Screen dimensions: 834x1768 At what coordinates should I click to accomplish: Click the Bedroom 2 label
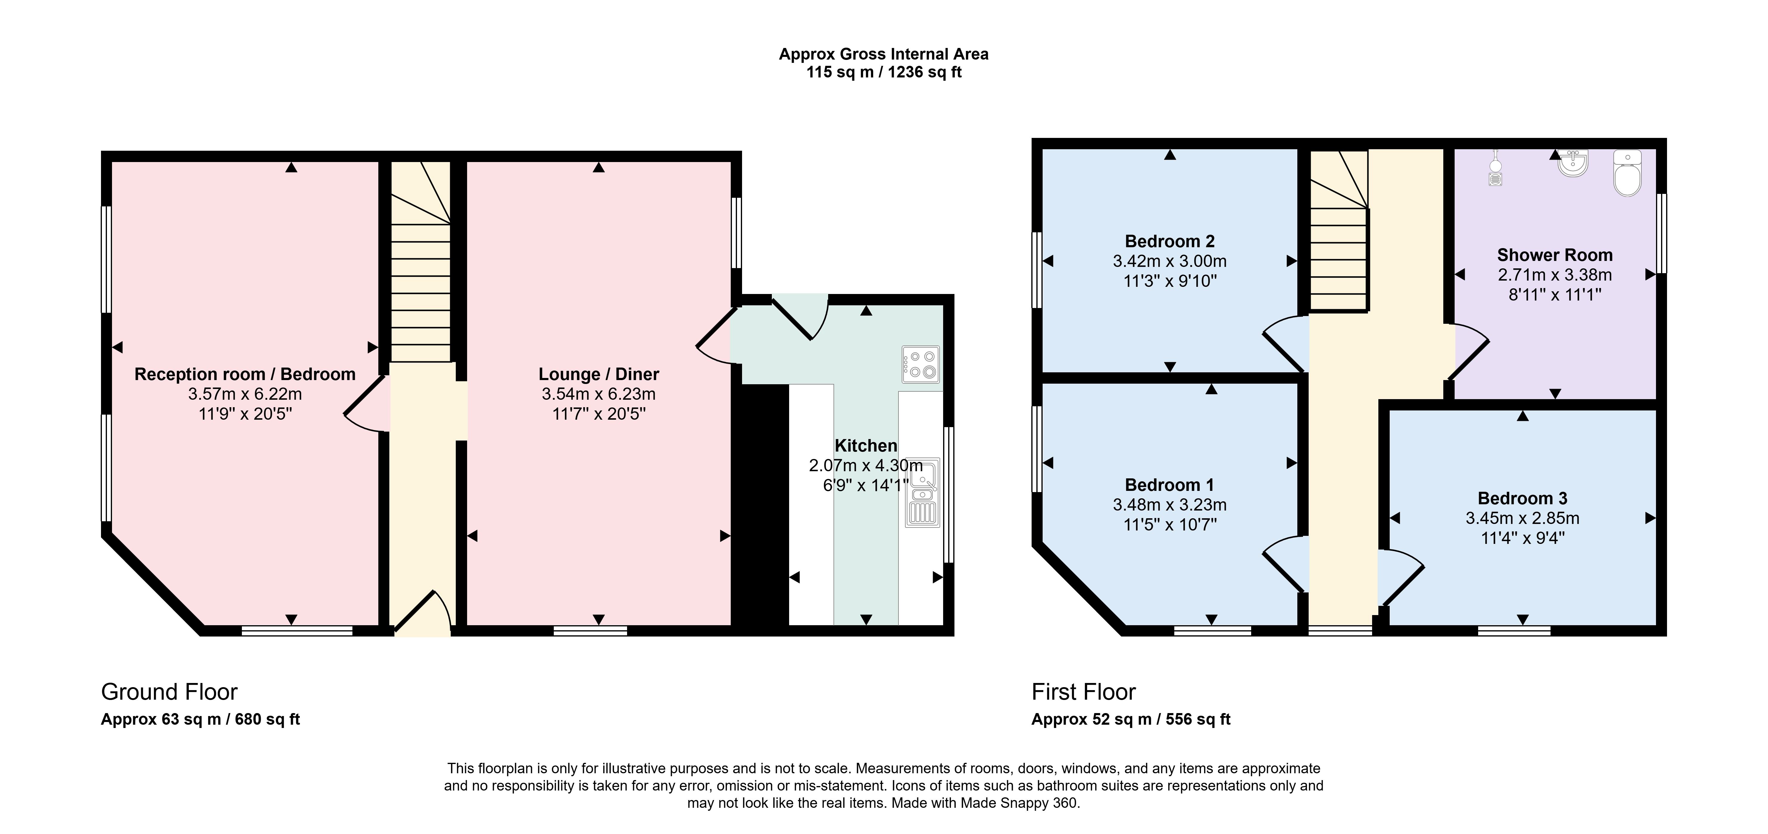click(x=1170, y=242)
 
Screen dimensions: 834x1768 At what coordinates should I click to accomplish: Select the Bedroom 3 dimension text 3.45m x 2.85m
click(x=1522, y=518)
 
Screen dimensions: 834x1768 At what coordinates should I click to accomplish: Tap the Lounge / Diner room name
click(x=598, y=374)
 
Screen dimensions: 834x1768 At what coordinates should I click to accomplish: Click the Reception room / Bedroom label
click(x=245, y=374)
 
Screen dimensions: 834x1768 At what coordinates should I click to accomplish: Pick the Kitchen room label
click(x=865, y=446)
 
